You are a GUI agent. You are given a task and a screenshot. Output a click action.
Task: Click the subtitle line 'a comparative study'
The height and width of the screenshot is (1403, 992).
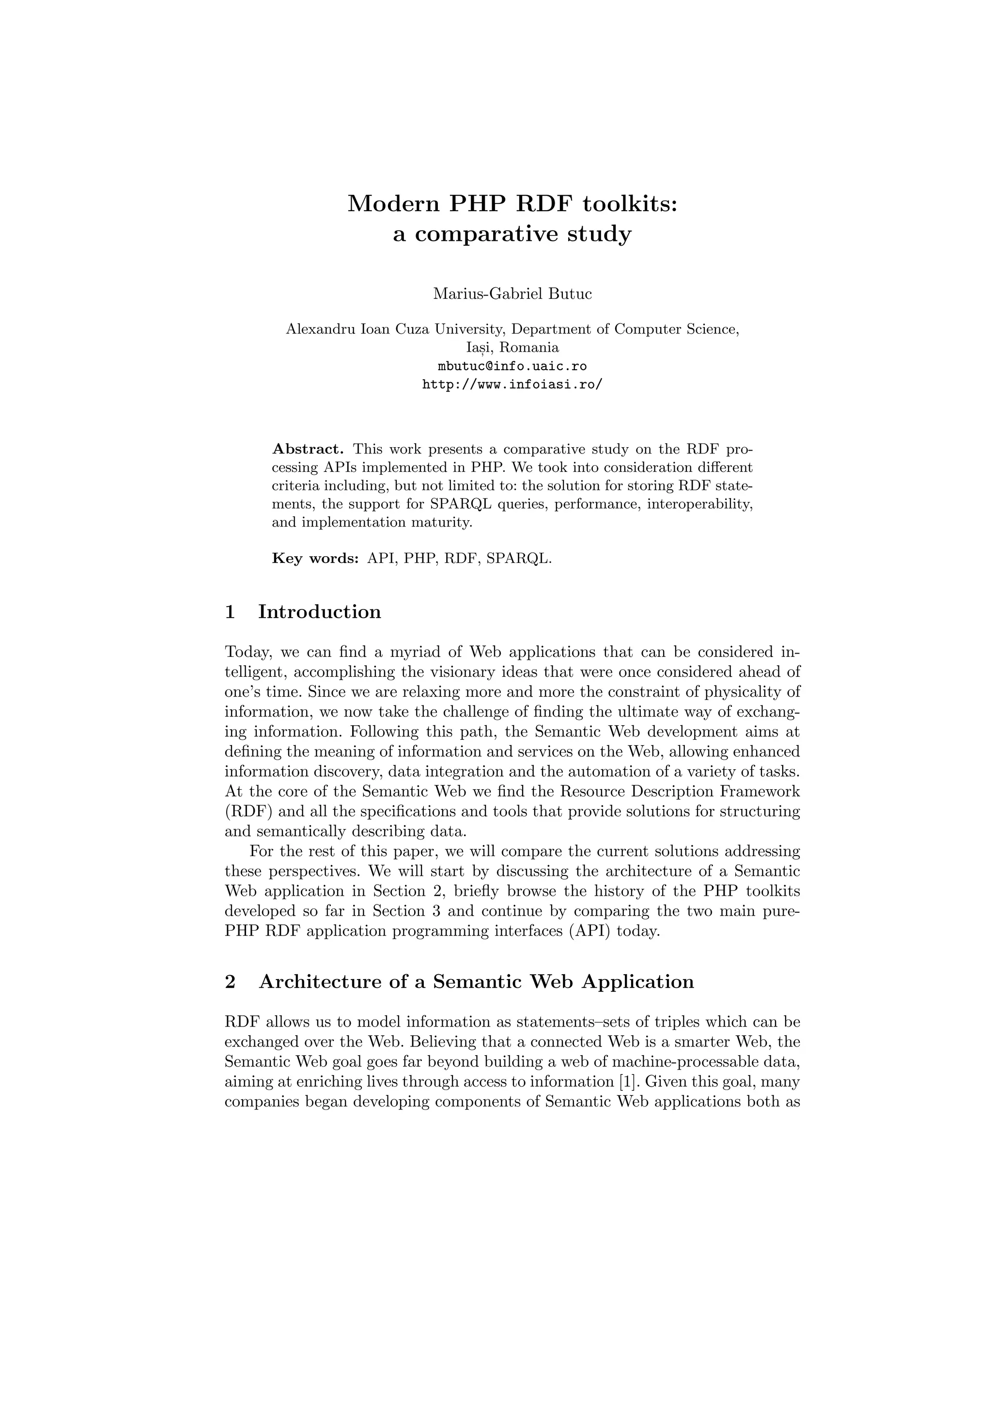pos(512,234)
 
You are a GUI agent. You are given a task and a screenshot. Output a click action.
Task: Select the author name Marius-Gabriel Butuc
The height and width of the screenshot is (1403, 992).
pos(512,294)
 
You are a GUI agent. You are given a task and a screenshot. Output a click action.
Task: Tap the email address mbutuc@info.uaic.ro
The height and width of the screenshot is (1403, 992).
pos(512,366)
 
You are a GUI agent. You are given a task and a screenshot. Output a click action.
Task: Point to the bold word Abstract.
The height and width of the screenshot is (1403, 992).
pos(308,449)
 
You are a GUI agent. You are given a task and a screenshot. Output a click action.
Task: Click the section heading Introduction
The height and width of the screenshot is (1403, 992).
pos(320,612)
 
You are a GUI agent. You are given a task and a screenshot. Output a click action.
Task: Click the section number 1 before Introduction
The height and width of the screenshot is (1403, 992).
pos(230,612)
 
